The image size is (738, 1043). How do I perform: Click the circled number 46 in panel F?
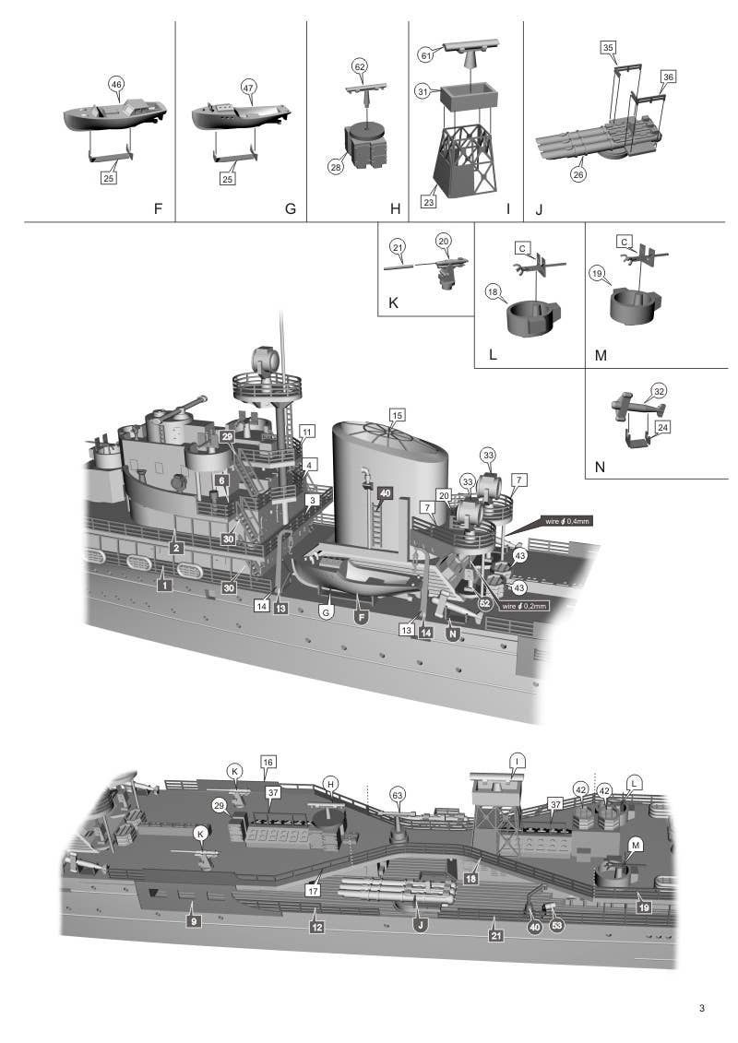pos(116,85)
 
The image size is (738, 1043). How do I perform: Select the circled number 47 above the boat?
pos(248,87)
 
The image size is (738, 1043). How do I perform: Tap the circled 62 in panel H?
pos(360,66)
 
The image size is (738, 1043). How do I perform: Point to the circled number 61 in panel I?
pos(426,55)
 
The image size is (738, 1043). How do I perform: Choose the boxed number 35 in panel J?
pos(608,47)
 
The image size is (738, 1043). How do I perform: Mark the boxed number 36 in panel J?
pos(668,76)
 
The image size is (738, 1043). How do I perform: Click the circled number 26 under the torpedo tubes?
pos(578,172)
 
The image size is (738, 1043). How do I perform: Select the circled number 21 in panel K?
pos(398,247)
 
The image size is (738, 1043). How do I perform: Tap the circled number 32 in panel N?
pos(658,390)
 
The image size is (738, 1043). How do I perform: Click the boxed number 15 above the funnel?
pos(397,414)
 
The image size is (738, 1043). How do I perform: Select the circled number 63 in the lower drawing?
pos(397,793)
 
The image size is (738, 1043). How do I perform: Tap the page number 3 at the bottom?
pos(702,1009)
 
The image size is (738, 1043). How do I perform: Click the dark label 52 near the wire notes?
pos(484,602)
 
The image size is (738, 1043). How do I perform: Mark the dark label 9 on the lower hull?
pos(193,920)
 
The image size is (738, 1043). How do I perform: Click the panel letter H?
pos(395,209)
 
